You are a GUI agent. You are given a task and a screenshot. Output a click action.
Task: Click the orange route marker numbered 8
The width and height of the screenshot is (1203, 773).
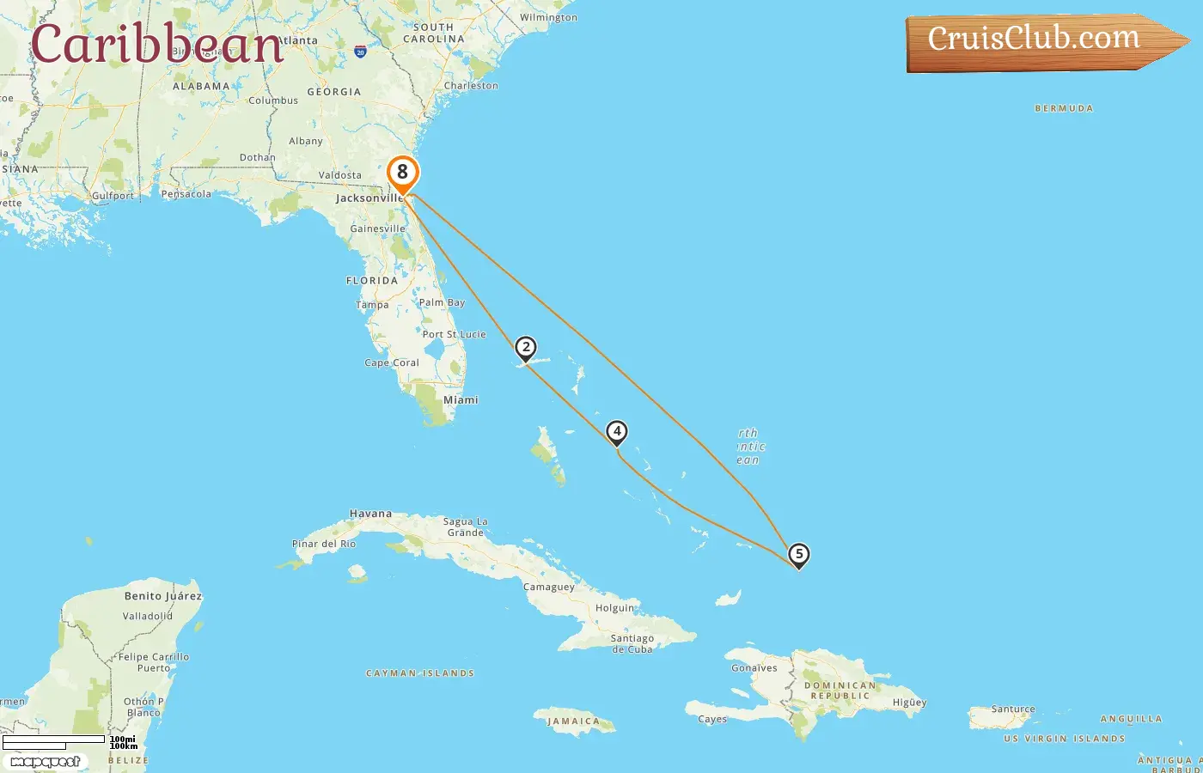click(402, 173)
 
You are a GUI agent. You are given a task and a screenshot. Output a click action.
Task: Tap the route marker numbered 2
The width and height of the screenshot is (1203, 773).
click(526, 348)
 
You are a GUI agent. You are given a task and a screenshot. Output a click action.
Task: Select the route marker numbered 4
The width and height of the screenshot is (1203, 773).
click(616, 431)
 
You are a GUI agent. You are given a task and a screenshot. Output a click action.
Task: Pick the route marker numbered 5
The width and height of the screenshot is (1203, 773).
click(799, 555)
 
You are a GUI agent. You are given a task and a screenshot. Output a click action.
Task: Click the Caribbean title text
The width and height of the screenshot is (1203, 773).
click(157, 45)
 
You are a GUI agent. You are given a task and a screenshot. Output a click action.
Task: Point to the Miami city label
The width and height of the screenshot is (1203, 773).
click(461, 400)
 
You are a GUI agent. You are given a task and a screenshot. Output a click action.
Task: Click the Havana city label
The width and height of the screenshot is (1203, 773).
click(370, 514)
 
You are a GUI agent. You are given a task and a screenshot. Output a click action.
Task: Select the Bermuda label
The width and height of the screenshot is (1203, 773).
click(1064, 109)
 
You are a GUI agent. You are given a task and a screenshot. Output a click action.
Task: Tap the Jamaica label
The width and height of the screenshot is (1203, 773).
click(573, 721)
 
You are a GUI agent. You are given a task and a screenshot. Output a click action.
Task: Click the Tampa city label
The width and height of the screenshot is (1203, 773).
click(372, 305)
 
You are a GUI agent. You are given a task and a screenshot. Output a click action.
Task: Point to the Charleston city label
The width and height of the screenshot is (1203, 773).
click(471, 86)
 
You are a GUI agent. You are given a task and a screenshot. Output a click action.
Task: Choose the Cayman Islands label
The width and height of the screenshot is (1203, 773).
click(420, 673)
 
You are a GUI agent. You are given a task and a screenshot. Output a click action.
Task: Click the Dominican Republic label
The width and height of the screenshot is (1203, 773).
click(841, 691)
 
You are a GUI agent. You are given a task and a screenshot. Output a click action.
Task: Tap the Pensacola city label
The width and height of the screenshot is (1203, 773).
click(186, 194)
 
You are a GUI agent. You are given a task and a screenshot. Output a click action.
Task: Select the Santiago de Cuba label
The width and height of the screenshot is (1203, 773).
click(632, 643)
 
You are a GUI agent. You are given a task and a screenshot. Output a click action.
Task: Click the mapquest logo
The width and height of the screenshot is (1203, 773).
click(46, 762)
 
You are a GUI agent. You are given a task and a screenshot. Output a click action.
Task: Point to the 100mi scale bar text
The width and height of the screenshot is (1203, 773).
click(123, 739)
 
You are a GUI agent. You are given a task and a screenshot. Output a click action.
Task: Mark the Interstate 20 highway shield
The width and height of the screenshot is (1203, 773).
click(360, 52)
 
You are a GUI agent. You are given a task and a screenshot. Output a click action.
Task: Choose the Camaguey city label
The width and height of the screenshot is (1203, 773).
click(548, 587)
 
